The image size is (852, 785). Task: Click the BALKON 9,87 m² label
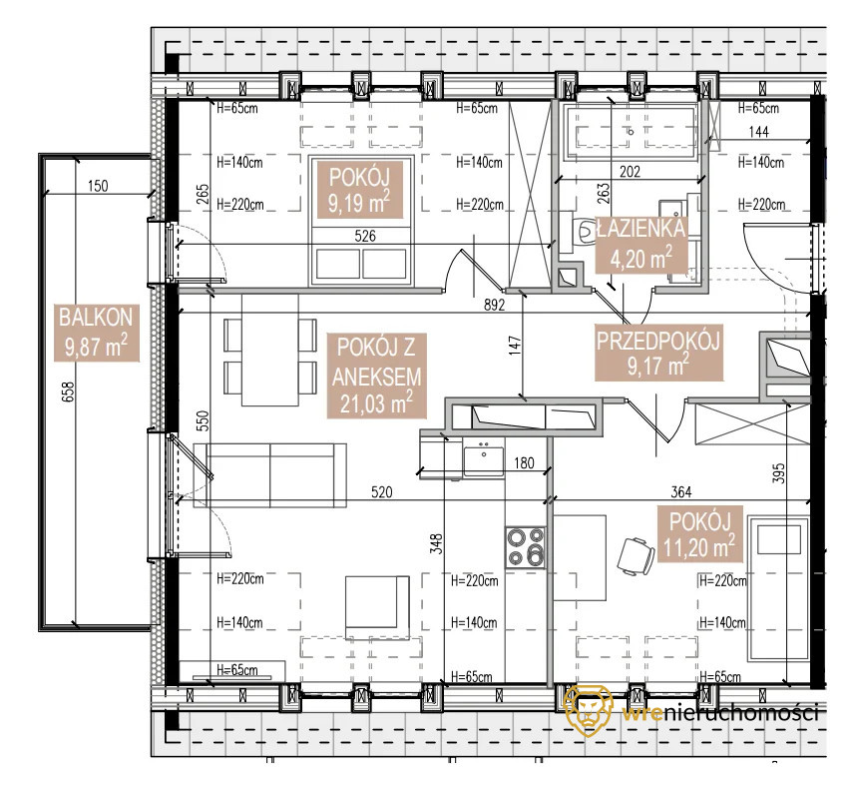[x=97, y=333]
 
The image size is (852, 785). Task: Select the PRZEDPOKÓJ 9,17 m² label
[x=658, y=354]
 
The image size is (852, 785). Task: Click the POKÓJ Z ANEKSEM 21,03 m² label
[x=376, y=376]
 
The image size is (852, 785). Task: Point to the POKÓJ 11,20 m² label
[x=699, y=533]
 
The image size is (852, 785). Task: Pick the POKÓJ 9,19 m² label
[x=359, y=190]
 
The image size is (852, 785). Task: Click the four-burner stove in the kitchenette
[x=526, y=547]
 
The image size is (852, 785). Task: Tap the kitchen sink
[x=483, y=458]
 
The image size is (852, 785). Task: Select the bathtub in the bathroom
[x=631, y=132]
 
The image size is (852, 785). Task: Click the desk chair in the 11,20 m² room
[x=636, y=556]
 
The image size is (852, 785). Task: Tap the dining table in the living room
[x=270, y=350]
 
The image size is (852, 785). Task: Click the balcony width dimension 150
[x=98, y=186]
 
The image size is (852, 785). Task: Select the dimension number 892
[x=495, y=305]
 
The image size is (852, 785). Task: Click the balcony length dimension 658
[x=68, y=392]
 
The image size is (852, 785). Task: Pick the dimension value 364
[x=680, y=492]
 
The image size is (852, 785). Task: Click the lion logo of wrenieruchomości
[x=589, y=710]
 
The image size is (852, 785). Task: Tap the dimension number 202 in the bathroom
[x=630, y=172]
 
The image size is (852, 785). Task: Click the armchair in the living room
[x=378, y=607]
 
